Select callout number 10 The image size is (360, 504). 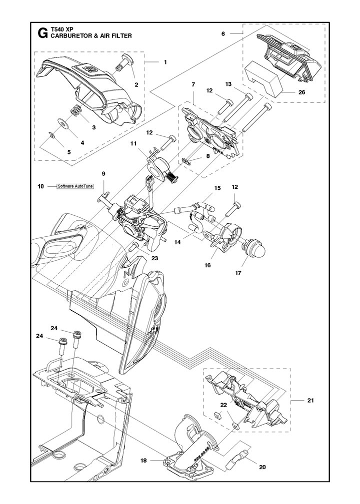(41, 186)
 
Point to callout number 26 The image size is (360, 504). (301, 92)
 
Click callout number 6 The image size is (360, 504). (223, 33)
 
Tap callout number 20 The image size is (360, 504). (262, 467)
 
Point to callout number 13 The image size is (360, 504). (228, 84)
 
